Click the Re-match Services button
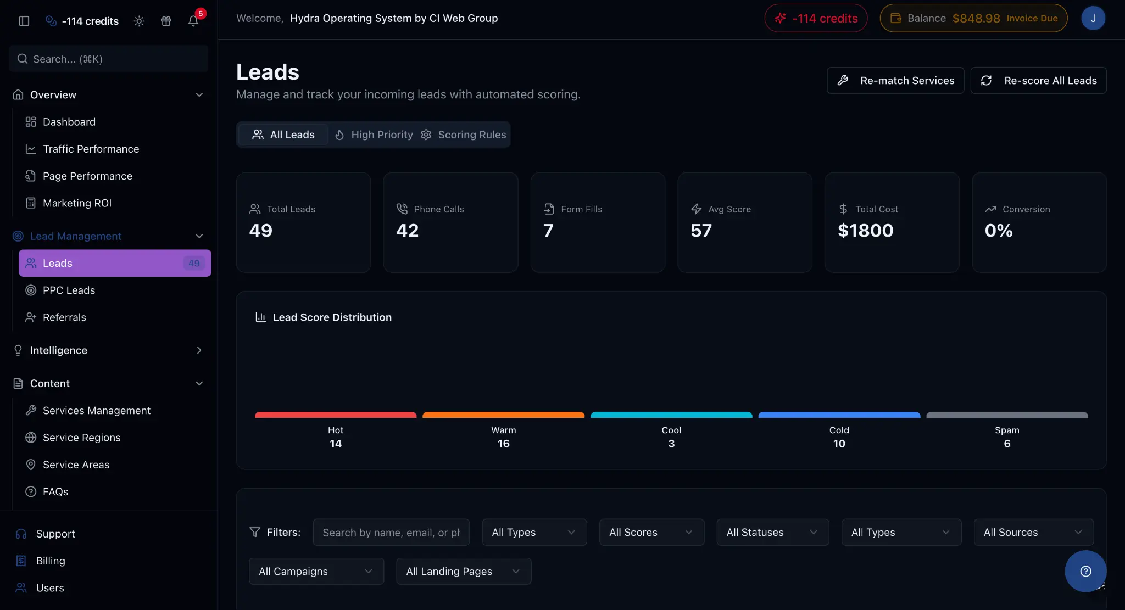(x=895, y=81)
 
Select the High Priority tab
(x=374, y=135)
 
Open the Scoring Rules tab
(x=464, y=135)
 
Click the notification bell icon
(x=193, y=21)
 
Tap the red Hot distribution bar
(x=336, y=415)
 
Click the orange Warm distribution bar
(x=503, y=415)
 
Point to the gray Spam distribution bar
(x=1007, y=415)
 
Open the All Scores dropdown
(x=651, y=532)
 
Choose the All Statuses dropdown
(x=772, y=532)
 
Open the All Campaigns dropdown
(x=316, y=571)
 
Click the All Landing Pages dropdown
(x=463, y=571)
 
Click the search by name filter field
(x=391, y=532)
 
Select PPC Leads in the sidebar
(x=69, y=290)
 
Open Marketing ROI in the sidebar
(x=77, y=203)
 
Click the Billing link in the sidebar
(x=51, y=561)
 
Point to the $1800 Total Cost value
(x=865, y=231)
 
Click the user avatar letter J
(x=1093, y=18)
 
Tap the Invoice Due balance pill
(x=973, y=18)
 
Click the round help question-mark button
(x=1085, y=571)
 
